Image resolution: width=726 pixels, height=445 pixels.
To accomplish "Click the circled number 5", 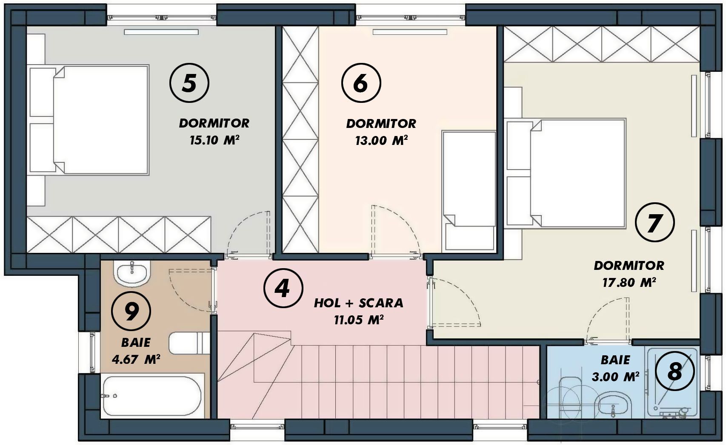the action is (189, 83).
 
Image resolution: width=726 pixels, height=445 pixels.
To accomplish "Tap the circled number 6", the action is (361, 83).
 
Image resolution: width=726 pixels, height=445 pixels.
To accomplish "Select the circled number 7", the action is (655, 222).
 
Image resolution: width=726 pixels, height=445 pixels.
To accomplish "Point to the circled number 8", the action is (675, 371).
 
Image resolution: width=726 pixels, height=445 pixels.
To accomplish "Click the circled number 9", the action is (131, 311).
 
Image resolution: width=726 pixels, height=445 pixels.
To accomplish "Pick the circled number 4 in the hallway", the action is (283, 288).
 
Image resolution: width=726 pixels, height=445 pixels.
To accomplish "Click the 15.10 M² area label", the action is (214, 140).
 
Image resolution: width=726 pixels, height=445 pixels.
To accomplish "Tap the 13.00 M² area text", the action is (381, 140).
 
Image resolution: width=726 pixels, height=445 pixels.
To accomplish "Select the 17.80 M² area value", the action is (629, 282).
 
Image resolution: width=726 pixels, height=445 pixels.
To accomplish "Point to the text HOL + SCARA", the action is (359, 303).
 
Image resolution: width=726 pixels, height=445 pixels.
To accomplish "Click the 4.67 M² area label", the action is (136, 359).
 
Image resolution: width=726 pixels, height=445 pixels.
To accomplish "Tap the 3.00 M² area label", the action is (615, 377).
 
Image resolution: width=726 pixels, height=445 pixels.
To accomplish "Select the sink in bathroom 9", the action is (132, 273).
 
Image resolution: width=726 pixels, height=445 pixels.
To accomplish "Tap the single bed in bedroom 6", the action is (469, 191).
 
